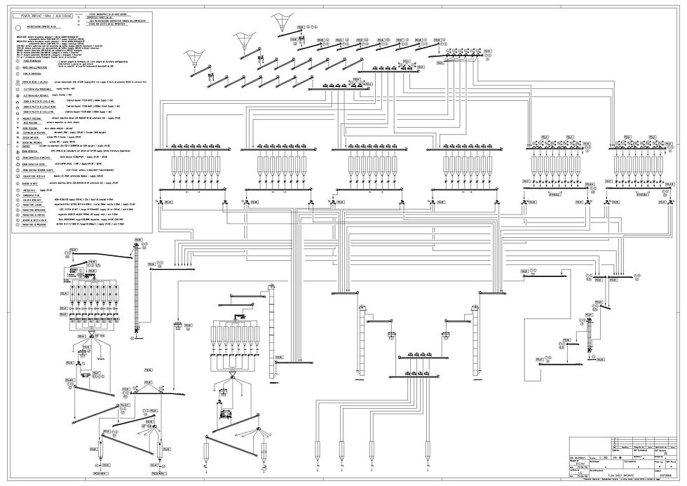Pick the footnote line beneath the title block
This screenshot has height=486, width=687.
click(624, 482)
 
